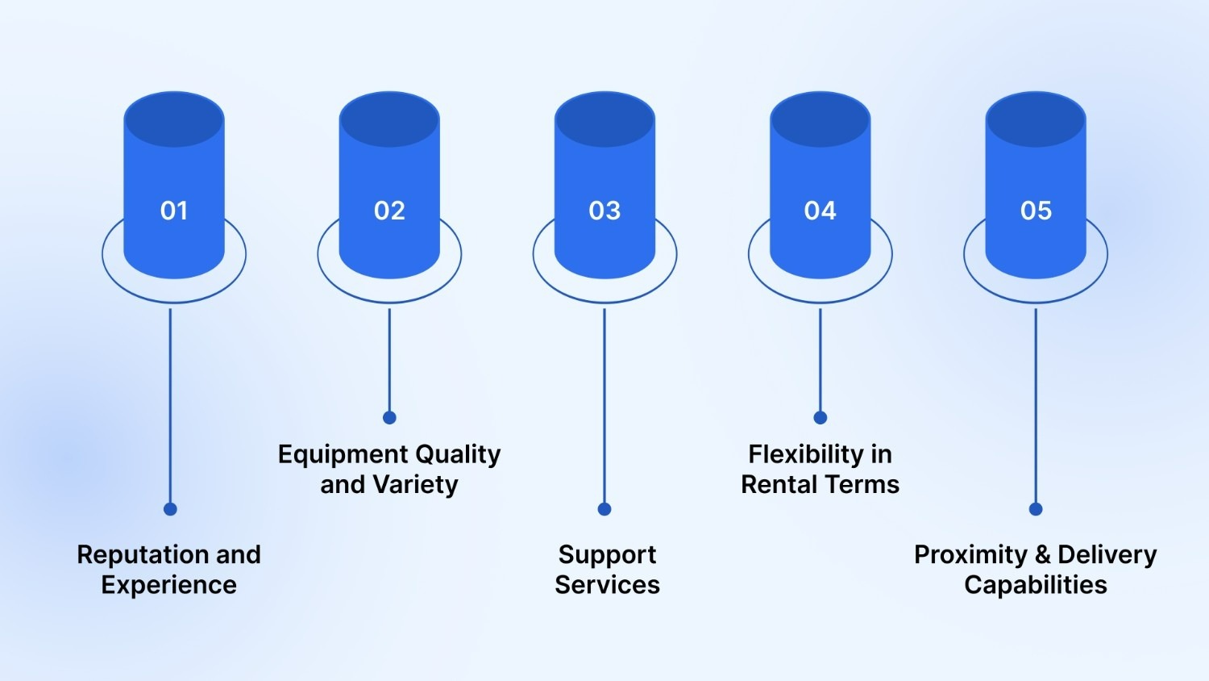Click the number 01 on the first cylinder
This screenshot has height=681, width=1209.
174,211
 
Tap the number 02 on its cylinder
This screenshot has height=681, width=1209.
389,211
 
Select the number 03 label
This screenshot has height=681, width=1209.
604,211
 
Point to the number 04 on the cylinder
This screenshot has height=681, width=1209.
821,211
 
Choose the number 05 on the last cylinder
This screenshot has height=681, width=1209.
1036,211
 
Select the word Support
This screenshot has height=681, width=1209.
607,555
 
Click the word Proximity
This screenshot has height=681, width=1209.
970,555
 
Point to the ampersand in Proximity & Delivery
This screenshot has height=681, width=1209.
1043,555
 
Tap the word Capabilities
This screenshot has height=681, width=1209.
1036,585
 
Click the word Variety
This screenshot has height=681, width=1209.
416,485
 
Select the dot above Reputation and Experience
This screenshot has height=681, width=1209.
170,509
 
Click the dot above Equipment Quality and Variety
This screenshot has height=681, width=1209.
389,417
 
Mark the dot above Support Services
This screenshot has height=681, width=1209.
604,509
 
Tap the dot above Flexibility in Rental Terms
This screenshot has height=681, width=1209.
821,417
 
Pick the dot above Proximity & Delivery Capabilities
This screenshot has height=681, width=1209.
1036,509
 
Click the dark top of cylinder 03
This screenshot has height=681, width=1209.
604,119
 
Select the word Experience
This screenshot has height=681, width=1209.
169,585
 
